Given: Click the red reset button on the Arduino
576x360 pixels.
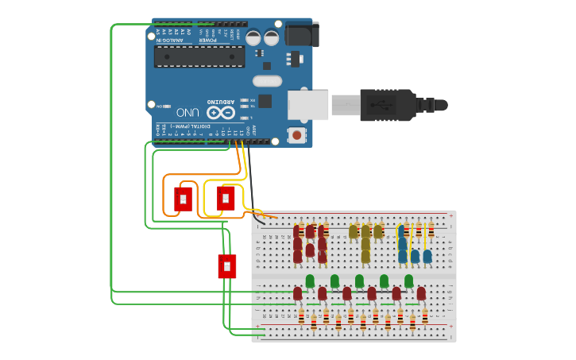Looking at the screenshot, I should coord(296,135).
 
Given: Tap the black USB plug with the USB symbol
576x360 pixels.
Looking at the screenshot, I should coord(388,105).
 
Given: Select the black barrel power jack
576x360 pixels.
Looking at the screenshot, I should coord(301,34).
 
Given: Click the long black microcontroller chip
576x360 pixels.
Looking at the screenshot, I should coord(199,56).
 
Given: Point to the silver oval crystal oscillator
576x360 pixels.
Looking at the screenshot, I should coord(267,80).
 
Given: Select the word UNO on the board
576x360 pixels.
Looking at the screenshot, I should coord(188,113).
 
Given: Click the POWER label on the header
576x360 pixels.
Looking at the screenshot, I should coord(207,40).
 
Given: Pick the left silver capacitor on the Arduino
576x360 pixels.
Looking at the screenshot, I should coord(253,37).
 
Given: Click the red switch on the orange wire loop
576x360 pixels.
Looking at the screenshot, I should coord(184,198).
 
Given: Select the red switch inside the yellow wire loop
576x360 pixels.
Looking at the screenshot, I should coord(226,197).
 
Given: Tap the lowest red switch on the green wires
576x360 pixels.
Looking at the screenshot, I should coord(227,265).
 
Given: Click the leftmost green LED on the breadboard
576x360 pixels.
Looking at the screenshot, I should coord(310,281).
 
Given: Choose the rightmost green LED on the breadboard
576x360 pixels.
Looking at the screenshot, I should coord(408,281).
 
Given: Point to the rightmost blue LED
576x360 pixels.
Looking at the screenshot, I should coord(427,256).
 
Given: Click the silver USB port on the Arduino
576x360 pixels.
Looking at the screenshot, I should coord(307,105).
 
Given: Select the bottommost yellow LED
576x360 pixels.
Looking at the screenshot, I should coord(365,256).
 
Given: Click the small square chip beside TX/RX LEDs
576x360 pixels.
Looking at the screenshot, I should coord(265,101).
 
